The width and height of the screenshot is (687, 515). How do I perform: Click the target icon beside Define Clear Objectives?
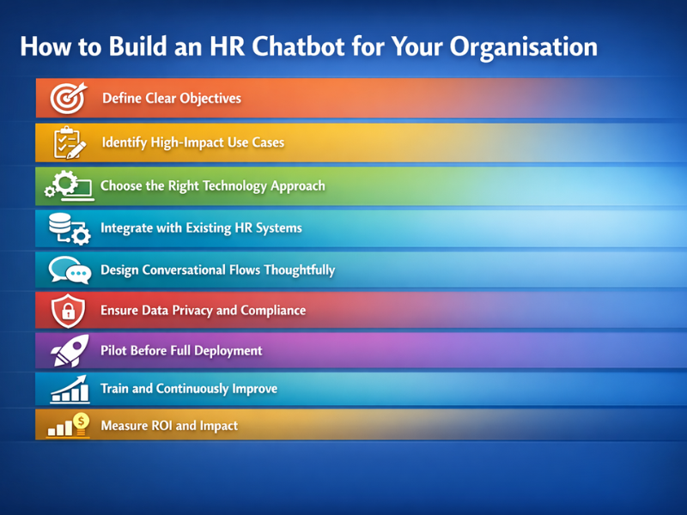(x=67, y=99)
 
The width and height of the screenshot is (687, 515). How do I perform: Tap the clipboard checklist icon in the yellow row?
(x=68, y=142)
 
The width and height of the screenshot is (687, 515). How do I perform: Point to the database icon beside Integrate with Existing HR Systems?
(x=68, y=229)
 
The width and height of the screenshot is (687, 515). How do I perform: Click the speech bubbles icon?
(x=70, y=271)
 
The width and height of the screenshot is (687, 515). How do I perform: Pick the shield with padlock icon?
(x=68, y=311)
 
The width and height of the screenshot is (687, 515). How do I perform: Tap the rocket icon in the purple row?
(x=68, y=351)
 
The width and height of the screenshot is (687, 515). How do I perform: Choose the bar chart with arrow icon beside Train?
(x=69, y=389)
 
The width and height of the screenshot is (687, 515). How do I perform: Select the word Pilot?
(x=115, y=350)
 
